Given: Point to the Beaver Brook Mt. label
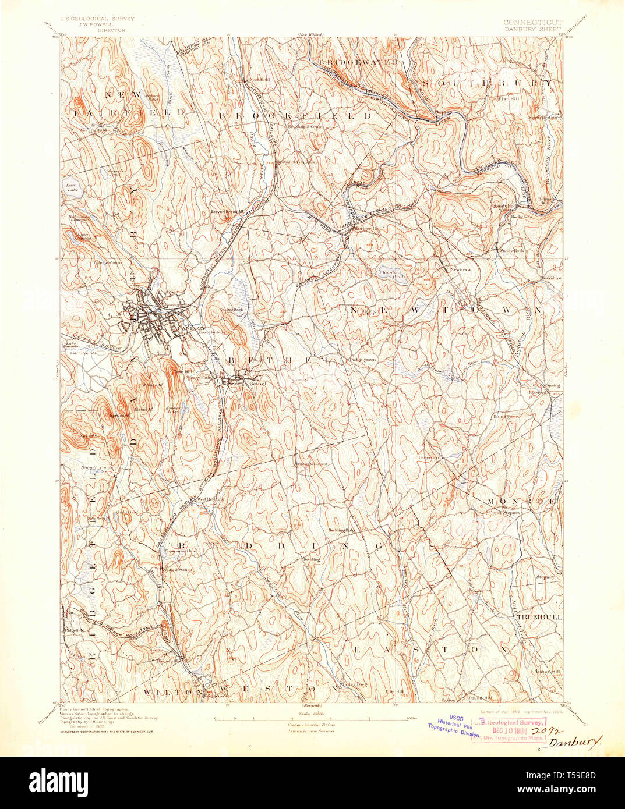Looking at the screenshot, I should [226, 211].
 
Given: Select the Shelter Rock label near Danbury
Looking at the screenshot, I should [231, 310].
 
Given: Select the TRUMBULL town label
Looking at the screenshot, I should [538, 616].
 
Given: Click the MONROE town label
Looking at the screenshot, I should [516, 501].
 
